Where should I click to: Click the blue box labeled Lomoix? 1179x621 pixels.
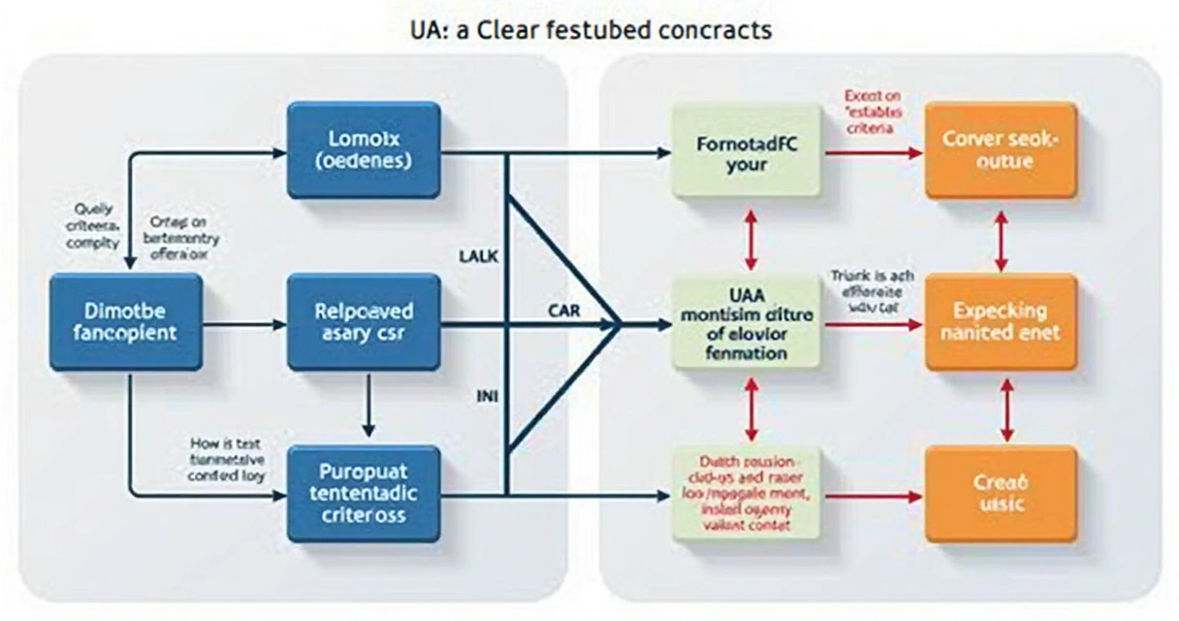click(364, 150)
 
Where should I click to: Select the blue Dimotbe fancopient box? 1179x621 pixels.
click(126, 321)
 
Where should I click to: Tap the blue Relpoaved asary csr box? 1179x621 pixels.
click(364, 321)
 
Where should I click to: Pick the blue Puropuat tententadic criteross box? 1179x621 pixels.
click(364, 493)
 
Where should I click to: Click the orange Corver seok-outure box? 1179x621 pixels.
click(1001, 150)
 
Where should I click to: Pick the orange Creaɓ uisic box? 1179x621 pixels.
click(1001, 493)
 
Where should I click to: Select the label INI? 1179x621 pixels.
click(487, 396)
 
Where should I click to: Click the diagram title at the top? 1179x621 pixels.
click(590, 29)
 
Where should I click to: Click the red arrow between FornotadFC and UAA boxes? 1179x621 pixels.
click(748, 237)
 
